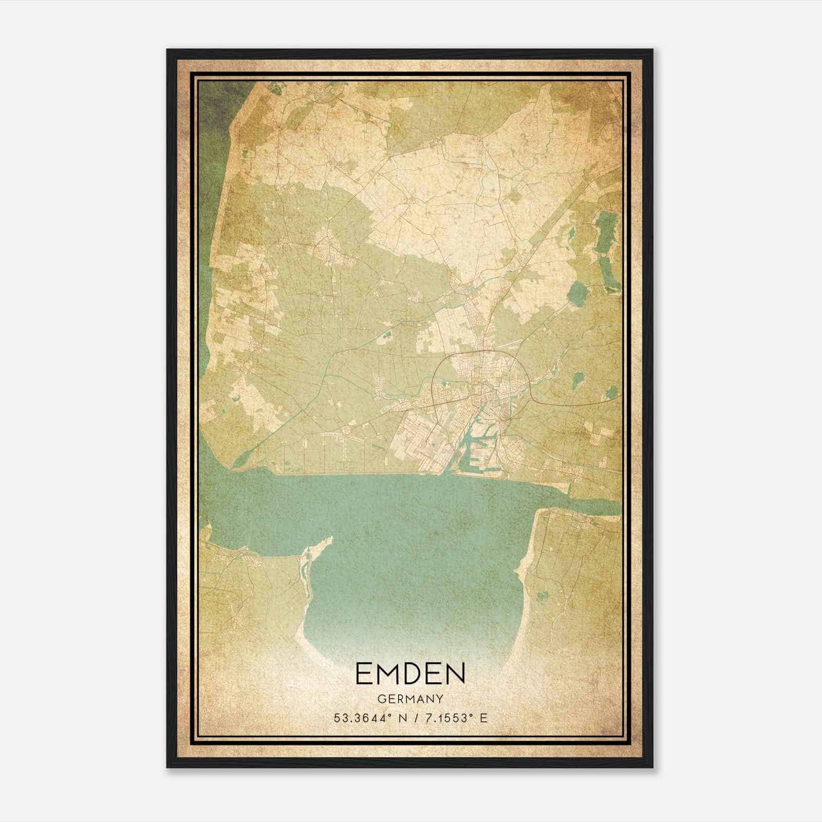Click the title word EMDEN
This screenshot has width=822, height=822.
click(410, 674)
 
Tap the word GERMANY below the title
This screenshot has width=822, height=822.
click(410, 699)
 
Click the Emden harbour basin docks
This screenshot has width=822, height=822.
click(475, 442)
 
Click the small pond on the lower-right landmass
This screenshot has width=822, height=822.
click(540, 596)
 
